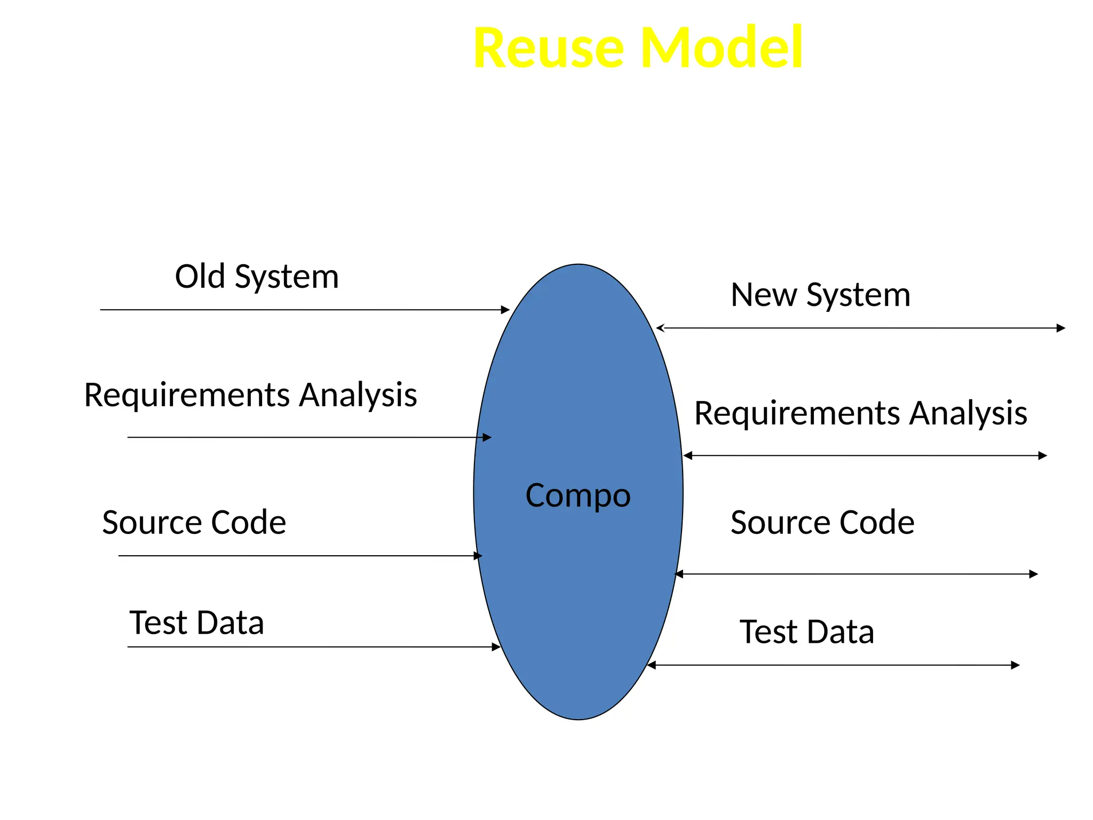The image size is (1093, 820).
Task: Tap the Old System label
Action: tap(257, 277)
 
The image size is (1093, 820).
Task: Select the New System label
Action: tap(820, 295)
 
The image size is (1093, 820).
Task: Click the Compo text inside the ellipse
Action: tap(578, 495)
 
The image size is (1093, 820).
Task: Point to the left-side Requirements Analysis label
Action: tap(250, 395)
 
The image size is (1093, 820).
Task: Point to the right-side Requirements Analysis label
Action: tap(860, 413)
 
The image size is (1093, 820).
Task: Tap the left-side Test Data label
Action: tap(196, 622)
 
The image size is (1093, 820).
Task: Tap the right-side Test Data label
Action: tap(806, 632)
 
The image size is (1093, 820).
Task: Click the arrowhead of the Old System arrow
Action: tap(506, 310)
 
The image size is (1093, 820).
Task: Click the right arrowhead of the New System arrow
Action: tap(1061, 328)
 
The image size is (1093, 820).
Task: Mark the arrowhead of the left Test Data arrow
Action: tap(496, 647)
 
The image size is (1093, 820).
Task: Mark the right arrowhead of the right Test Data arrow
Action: tap(1016, 665)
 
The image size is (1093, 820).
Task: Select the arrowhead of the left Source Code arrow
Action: tap(478, 556)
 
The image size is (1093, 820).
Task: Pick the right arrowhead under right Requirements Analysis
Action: tap(1043, 455)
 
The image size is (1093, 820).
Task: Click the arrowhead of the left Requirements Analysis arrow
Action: tap(487, 437)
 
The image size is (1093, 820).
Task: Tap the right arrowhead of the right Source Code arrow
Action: tap(1034, 574)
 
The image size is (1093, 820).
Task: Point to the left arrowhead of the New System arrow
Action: tap(660, 328)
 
